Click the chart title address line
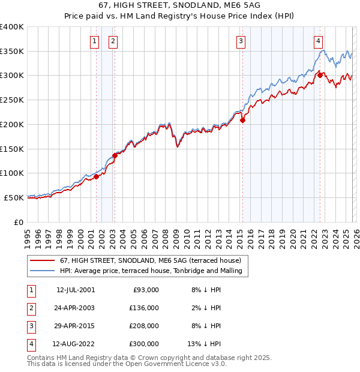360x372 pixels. pos(180,5)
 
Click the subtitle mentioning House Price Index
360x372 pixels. pos(180,16)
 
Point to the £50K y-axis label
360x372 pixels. pos(14,197)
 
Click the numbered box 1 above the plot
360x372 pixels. pos(95,41)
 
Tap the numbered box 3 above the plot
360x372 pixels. pos(241,41)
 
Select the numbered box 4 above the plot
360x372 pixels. pos(318,41)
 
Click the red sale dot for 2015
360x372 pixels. pos(243,120)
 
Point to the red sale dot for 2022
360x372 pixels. pos(320,75)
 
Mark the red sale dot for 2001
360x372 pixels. pos(96,176)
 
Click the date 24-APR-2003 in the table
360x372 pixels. pos(75,308)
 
